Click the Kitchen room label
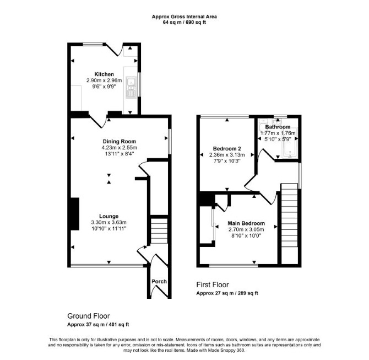point(104,74)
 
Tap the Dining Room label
point(120,141)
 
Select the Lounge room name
point(108,216)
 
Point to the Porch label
point(159,281)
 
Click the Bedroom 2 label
point(227,149)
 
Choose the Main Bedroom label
point(246,223)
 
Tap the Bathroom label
point(278,127)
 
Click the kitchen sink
point(131,87)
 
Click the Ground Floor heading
point(89,316)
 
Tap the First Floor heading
point(213,284)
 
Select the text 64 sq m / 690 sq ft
point(184,23)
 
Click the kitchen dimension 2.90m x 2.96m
point(104,80)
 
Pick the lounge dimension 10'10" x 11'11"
point(108,229)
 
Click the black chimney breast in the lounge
point(75,214)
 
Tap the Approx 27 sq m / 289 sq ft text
point(227,293)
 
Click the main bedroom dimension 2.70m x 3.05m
point(246,229)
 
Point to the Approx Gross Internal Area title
point(184,17)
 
